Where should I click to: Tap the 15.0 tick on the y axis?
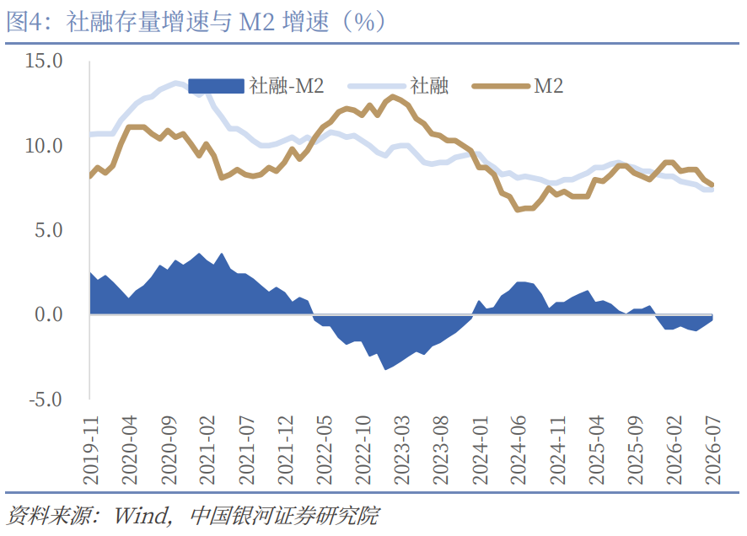pos(44,61)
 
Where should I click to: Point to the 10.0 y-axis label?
pos(44,146)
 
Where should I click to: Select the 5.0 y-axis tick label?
pos(49,230)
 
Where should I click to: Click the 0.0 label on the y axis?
pos(49,314)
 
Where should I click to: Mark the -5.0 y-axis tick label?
pos(46,399)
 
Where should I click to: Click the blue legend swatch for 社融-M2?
pos(217,86)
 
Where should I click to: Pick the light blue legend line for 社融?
pos(377,86)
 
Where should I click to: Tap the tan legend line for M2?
pos(501,86)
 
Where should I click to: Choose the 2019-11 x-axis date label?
pos(90,450)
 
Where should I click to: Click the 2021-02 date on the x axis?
pos(207,450)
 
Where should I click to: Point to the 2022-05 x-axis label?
pos(324,450)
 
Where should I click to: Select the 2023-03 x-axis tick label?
pos(401,450)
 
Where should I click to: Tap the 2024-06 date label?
pos(519,450)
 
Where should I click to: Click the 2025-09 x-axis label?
pos(635,450)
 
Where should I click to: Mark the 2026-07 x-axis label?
pos(712,450)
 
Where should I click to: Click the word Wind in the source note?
pos(142,516)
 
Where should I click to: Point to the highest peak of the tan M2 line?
pos(393,97)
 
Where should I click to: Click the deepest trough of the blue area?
pos(385,369)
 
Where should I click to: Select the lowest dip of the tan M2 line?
pos(518,210)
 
